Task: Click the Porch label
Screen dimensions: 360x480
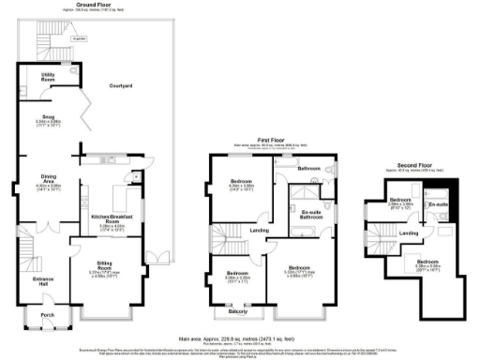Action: pyautogui.click(x=46, y=315)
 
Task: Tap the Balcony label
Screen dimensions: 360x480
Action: pyautogui.click(x=238, y=311)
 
